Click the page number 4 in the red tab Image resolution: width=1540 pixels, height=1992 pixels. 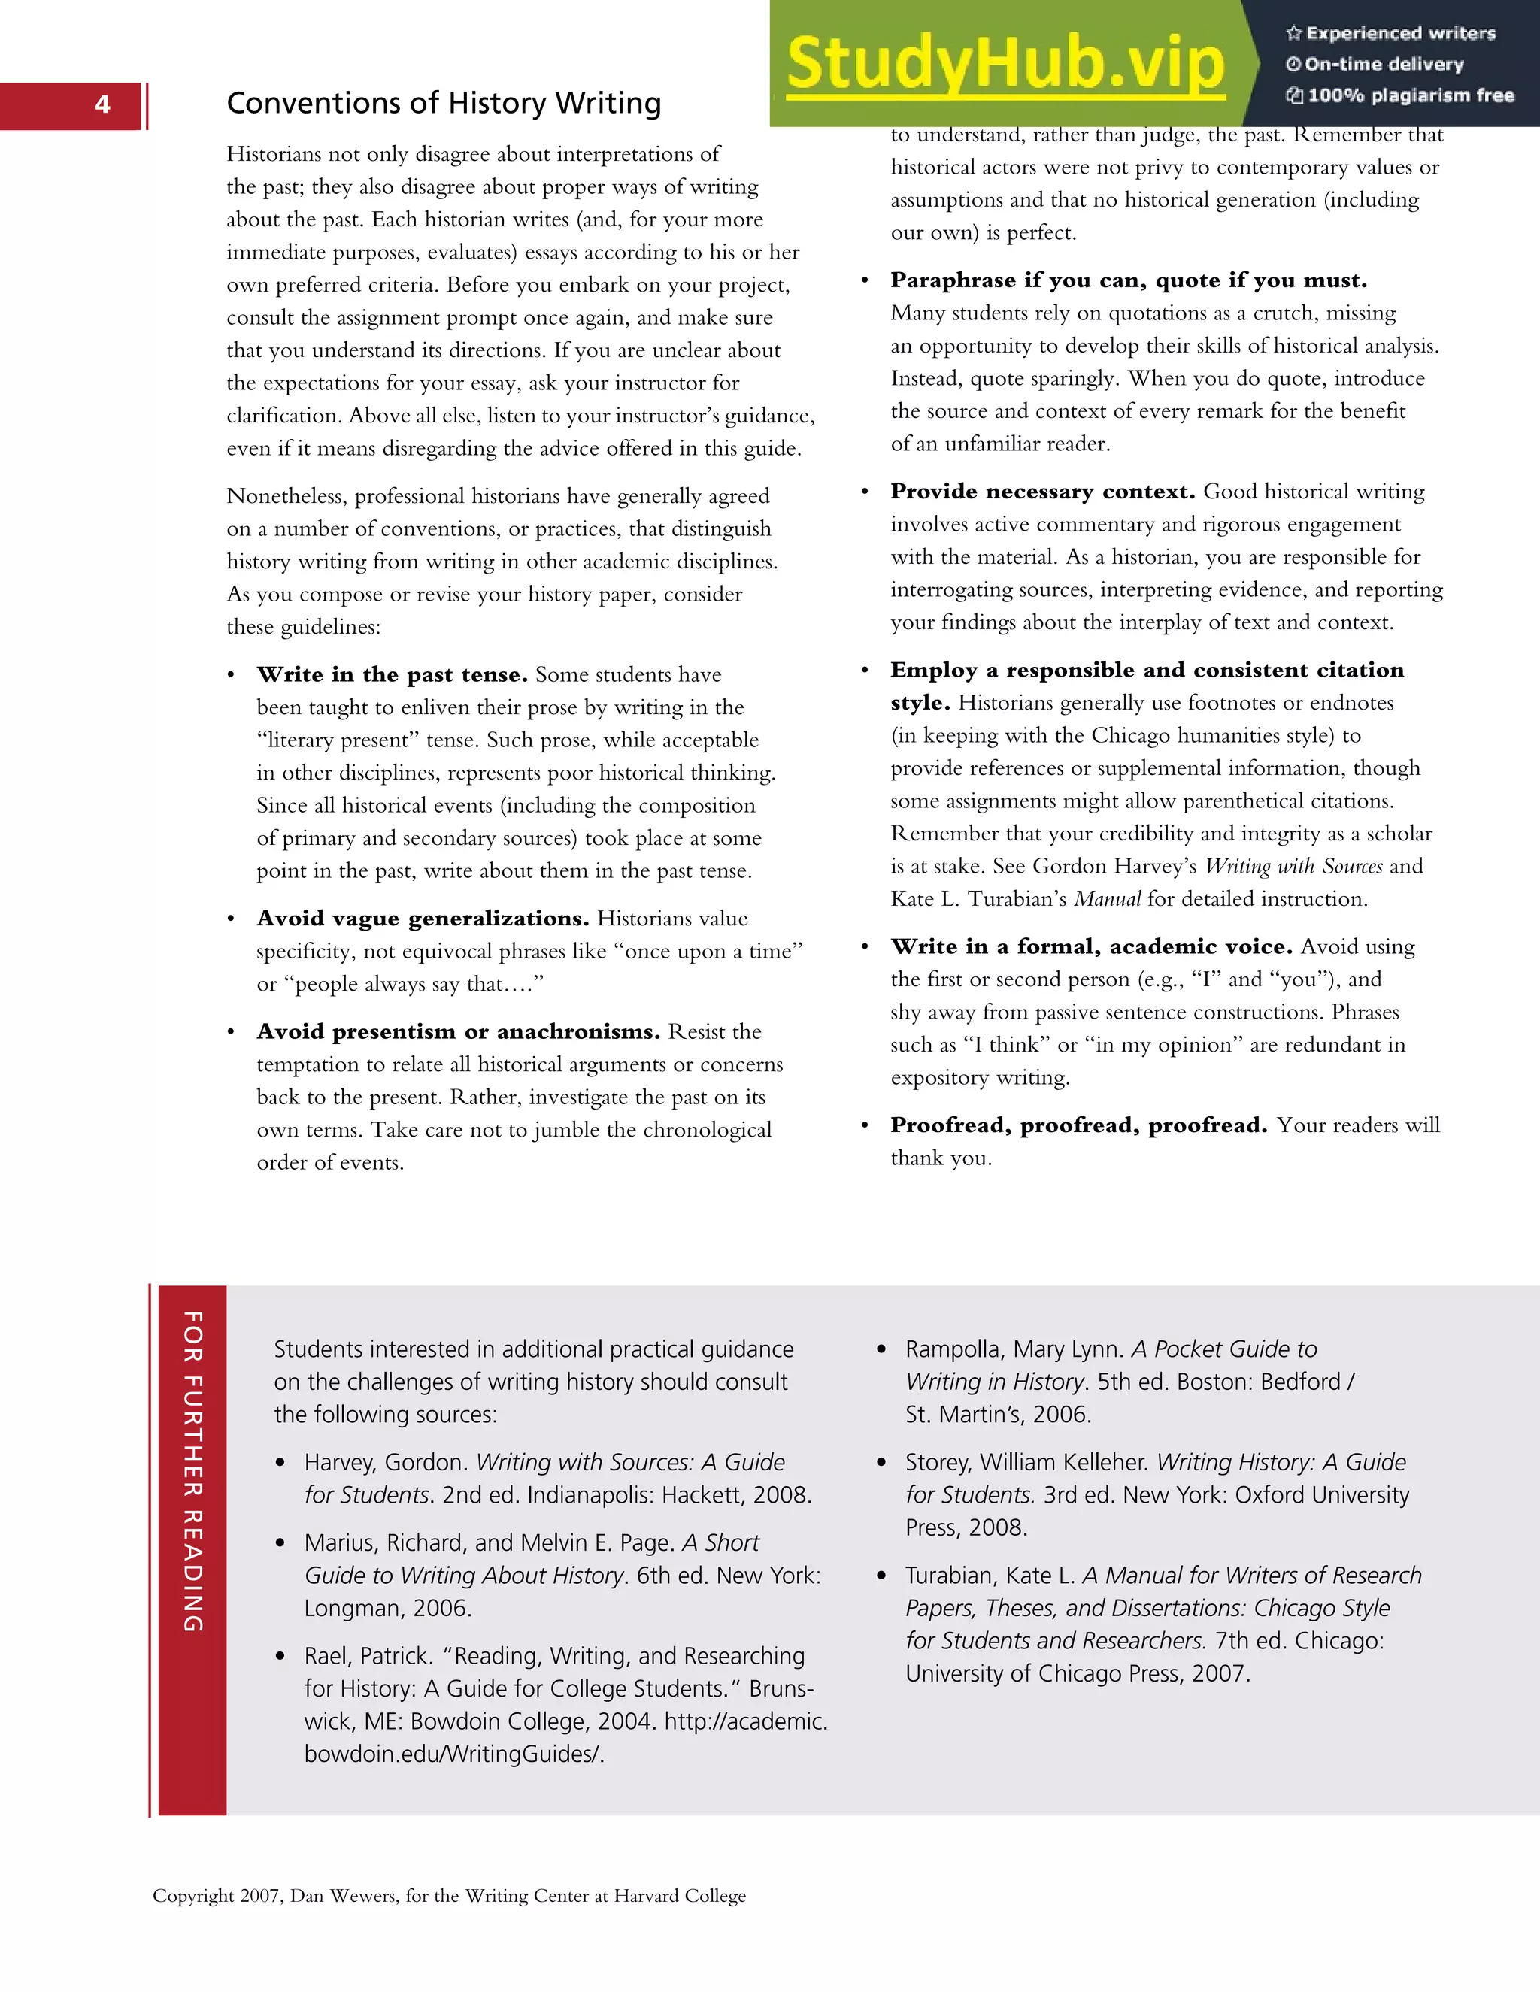coord(102,105)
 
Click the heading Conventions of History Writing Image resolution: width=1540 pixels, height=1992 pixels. coord(444,103)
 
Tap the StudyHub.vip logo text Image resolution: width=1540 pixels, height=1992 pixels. coord(1005,64)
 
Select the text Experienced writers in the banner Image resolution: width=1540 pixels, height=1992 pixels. coord(1399,34)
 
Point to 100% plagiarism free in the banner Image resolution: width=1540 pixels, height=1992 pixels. coord(1410,95)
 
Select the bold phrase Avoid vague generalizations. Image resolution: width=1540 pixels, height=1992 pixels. coord(423,919)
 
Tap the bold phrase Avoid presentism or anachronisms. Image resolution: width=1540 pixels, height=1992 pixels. coord(458,1031)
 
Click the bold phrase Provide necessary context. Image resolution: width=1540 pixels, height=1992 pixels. coord(1042,492)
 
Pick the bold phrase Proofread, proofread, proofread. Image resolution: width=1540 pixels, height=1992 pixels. coord(1078,1125)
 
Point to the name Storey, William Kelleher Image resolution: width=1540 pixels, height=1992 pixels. coord(1026,1462)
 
